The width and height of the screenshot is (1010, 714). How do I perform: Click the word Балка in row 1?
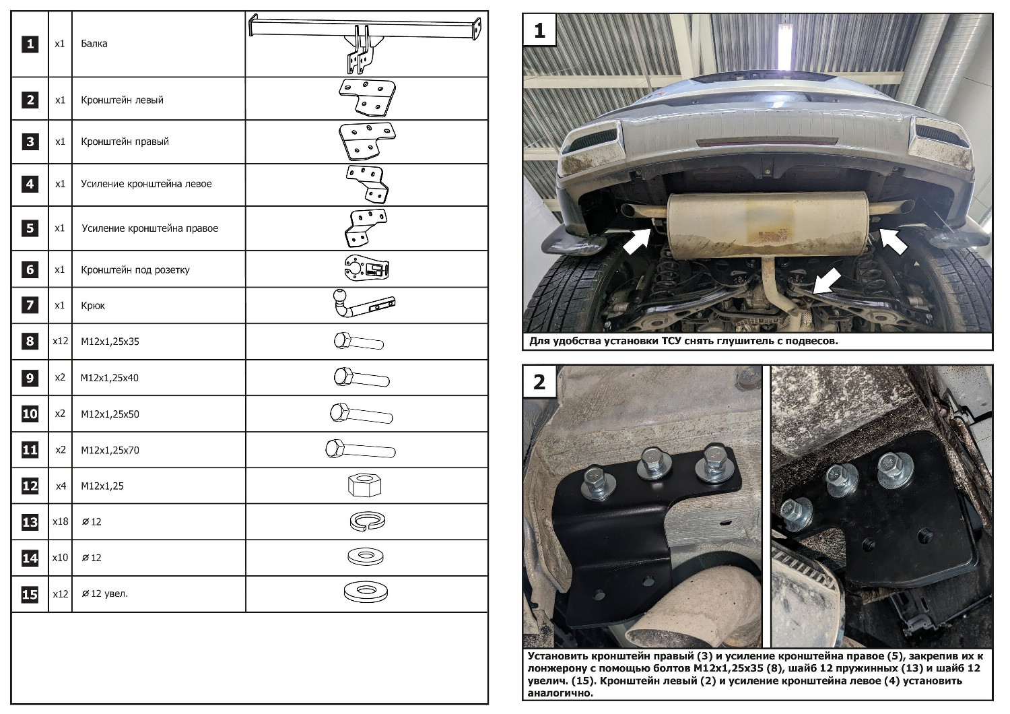(94, 44)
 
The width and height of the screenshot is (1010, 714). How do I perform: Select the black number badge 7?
(30, 305)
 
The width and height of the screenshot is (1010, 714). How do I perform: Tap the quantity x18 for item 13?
(60, 521)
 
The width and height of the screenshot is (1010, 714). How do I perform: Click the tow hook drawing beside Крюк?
(364, 305)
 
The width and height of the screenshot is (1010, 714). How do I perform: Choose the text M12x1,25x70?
(110, 450)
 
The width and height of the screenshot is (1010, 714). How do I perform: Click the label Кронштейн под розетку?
(135, 269)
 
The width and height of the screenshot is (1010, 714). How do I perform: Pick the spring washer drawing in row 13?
(367, 521)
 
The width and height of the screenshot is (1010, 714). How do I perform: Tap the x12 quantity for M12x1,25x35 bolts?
(60, 341)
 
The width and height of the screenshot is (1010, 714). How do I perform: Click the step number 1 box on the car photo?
(539, 30)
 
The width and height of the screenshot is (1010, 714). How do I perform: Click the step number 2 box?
(539, 382)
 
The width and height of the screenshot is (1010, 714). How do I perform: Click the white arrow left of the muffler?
(636, 241)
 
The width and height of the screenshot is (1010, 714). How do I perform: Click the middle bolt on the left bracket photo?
(652, 464)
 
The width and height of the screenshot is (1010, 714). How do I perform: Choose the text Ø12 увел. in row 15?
(104, 593)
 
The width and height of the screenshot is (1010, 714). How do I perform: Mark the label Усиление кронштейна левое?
(146, 184)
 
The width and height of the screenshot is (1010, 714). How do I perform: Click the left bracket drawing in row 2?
(366, 99)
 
